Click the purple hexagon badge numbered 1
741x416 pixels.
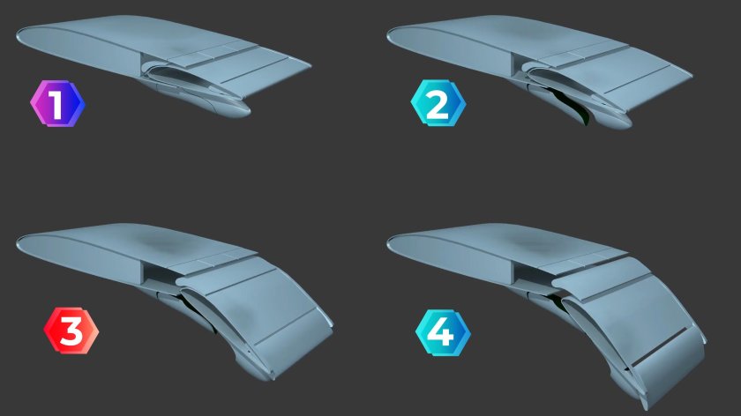pyautogui.click(x=57, y=103)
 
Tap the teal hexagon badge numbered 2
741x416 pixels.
pyautogui.click(x=438, y=103)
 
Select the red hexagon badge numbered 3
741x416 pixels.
pyautogui.click(x=71, y=331)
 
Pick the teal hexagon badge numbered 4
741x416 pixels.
pyautogui.click(x=443, y=332)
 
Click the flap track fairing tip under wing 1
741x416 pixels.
pyautogui.click(x=243, y=111)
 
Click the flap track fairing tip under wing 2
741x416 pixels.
pyautogui.click(x=625, y=123)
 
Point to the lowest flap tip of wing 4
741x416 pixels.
pyautogui.click(x=644, y=403)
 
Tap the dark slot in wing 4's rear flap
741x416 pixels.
pyautogui.click(x=659, y=346)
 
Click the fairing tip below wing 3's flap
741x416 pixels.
pyautogui.click(x=267, y=375)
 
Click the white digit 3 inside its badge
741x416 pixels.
pyautogui.click(x=71, y=331)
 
